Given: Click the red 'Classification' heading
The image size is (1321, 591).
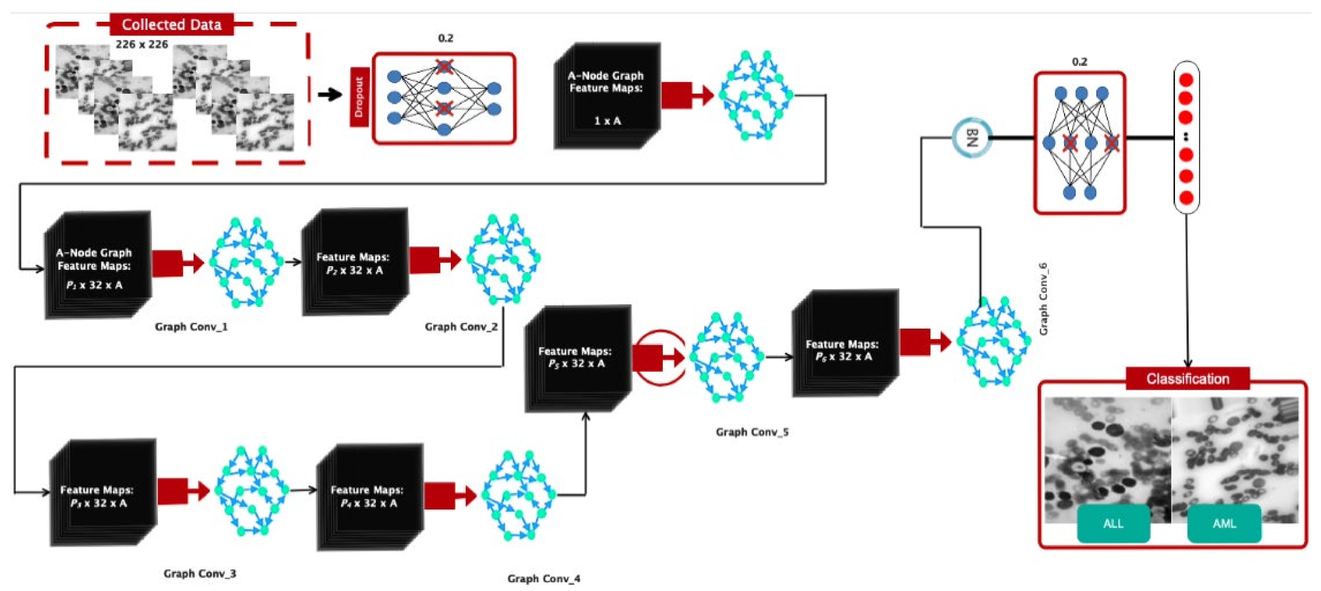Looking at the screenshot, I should point(1188,379).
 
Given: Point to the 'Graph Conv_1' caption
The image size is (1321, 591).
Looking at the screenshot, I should point(191,327).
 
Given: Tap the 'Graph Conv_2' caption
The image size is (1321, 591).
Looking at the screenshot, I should point(461,327).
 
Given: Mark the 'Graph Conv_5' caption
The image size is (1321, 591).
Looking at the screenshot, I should point(752,432).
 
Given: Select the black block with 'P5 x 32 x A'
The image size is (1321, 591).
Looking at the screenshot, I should point(577,358).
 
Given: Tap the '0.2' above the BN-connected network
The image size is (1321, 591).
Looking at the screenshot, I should point(1079,62).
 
